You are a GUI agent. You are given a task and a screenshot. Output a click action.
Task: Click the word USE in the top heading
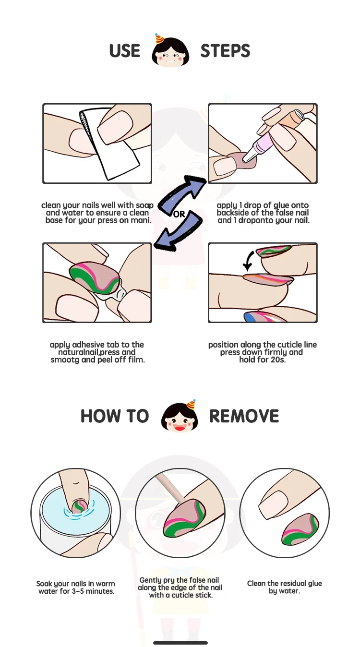(124, 51)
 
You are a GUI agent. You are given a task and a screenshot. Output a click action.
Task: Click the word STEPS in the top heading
(225, 51)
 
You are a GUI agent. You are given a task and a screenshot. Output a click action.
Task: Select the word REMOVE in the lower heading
(244, 416)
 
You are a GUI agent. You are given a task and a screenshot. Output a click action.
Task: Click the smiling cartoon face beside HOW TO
(180, 416)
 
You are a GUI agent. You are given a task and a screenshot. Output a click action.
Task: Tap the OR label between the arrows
(179, 214)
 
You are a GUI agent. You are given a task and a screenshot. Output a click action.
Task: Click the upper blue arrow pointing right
(183, 194)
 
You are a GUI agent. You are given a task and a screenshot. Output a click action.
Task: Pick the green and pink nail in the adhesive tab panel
(95, 277)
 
